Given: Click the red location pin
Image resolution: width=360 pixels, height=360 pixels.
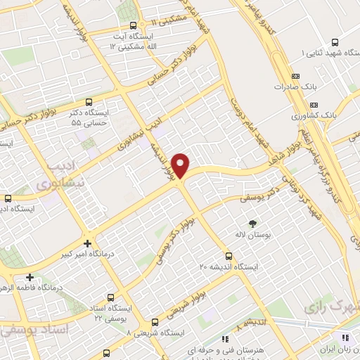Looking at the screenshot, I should (x=181, y=165).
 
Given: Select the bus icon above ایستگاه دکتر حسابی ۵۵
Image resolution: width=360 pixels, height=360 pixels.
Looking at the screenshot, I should (x=88, y=102).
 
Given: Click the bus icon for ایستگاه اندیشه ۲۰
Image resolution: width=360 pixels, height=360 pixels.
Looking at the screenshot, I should (x=228, y=255).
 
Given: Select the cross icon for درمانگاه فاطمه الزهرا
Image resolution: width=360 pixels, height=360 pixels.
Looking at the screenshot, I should (x=30, y=277).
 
